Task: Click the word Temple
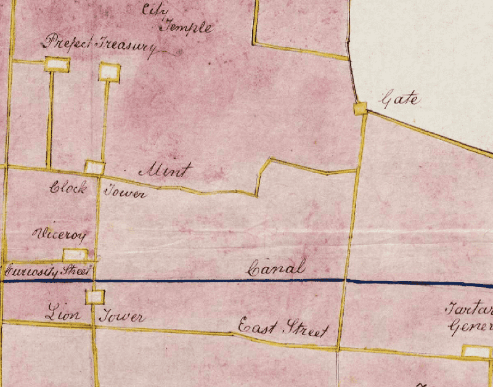[187, 27]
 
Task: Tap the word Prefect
[67, 43]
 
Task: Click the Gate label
[401, 98]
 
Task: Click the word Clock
[68, 187]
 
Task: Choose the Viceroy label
[56, 234]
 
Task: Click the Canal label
[276, 269]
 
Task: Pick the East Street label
[282, 329]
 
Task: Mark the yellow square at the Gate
[361, 108]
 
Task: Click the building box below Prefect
[57, 63]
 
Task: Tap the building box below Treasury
[109, 71]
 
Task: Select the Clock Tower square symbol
[94, 167]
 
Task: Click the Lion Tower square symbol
[94, 297]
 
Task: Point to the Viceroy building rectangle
[75, 255]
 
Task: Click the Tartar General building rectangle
[476, 351]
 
